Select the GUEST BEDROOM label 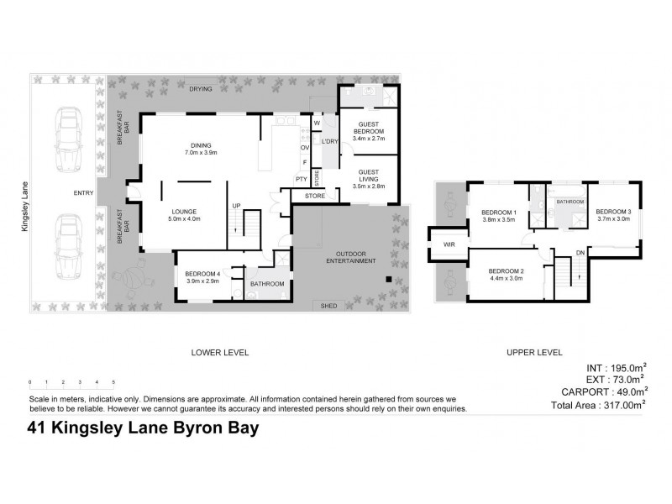[x=368, y=128]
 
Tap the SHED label [x=328, y=306]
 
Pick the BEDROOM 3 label [x=613, y=213]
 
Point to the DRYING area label [x=200, y=88]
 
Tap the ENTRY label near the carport [x=83, y=193]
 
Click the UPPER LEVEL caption [x=534, y=352]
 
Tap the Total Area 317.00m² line [x=599, y=404]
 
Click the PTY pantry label [x=301, y=179]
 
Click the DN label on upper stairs [x=581, y=253]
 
